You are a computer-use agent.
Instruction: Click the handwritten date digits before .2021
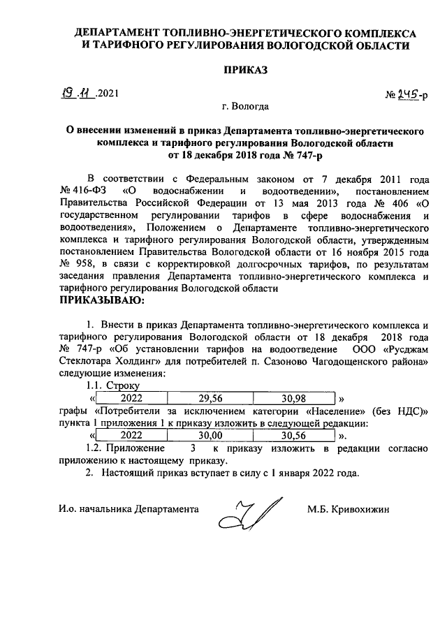pos(78,91)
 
